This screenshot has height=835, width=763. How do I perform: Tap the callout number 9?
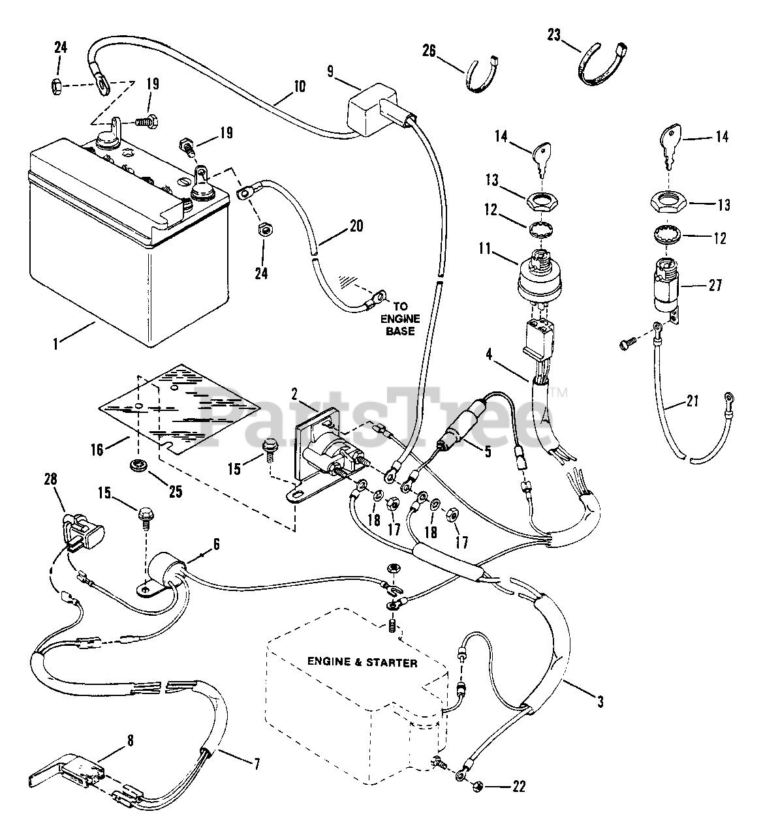coord(330,72)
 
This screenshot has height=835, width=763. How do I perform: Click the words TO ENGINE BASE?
coord(400,319)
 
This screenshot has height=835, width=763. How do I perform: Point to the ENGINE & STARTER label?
coord(362,662)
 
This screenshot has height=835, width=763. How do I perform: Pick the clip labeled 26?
coord(482,74)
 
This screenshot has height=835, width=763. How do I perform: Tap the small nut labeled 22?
coord(478,786)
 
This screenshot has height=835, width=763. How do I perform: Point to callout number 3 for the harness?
coord(600,702)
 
